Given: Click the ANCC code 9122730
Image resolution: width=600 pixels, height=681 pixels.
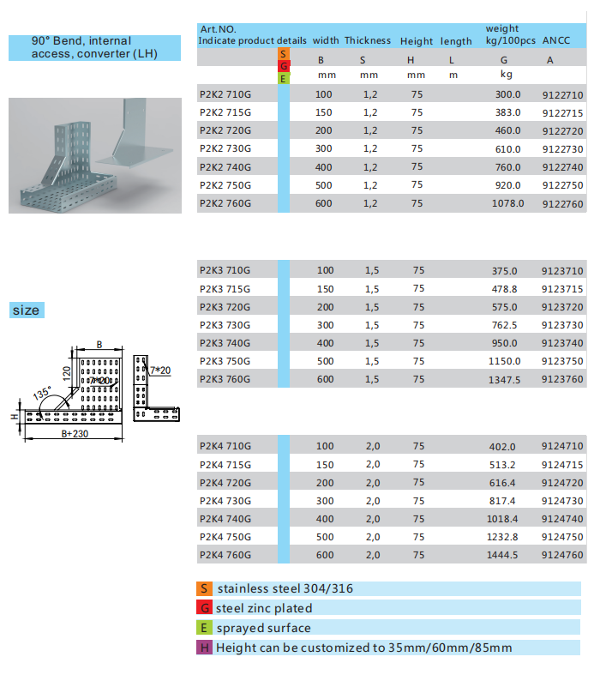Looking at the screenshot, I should point(562,149).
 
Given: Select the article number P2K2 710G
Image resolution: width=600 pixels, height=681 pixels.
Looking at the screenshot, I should point(225,95).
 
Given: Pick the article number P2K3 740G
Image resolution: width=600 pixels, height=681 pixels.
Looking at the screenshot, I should point(225,343).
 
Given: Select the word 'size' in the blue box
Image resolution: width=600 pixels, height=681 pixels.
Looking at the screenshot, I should point(26,310).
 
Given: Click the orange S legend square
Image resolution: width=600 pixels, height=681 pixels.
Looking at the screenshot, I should point(204,588).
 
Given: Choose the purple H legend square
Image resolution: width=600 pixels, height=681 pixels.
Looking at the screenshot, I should point(204,648).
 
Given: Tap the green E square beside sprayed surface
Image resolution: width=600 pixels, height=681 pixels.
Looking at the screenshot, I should point(204,628).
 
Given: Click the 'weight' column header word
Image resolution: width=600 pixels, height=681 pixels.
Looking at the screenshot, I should point(502,29).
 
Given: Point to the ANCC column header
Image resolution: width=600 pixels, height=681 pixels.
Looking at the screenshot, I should point(556,40).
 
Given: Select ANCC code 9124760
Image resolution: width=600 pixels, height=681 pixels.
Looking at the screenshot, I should point(562,555).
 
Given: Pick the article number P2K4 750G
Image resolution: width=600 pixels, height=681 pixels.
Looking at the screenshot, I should point(225,537).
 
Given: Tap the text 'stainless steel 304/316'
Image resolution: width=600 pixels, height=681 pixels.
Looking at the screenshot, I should point(285,588).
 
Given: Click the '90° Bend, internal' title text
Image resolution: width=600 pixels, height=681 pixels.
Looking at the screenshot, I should point(81,40).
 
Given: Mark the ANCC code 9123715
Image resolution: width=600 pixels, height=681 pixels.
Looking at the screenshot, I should point(562,289).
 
